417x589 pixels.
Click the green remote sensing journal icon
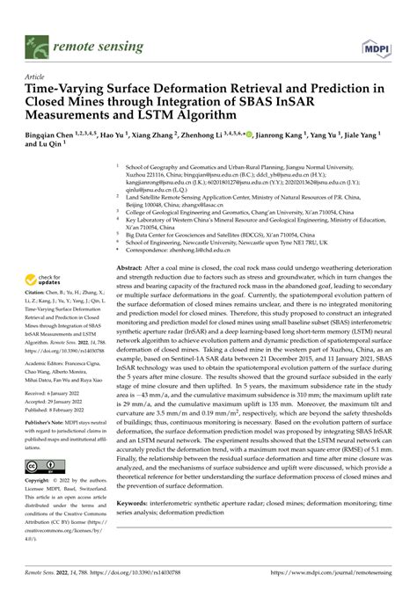tap(37, 43)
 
